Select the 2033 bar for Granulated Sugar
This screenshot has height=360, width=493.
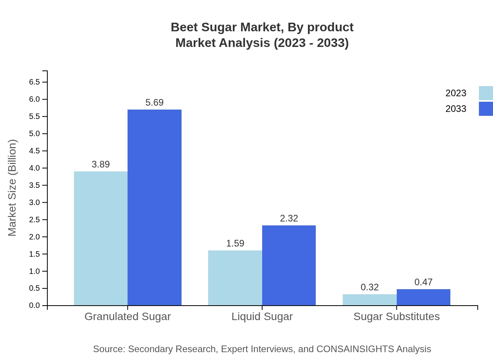tap(155, 207)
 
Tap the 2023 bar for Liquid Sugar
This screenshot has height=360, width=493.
tap(235, 278)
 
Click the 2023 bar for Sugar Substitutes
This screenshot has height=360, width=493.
tap(369, 300)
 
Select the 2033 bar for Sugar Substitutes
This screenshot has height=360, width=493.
tap(423, 297)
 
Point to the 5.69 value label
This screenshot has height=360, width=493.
tap(155, 103)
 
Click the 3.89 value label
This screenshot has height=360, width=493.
tap(101, 164)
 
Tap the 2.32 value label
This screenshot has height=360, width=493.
tap(289, 218)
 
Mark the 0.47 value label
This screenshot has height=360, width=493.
tap(423, 282)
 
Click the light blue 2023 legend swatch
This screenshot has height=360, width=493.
tap(486, 93)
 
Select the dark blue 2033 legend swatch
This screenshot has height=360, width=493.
tap(486, 109)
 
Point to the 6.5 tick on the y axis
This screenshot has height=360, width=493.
tap(34, 82)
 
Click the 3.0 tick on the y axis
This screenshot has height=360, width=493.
tap(34, 203)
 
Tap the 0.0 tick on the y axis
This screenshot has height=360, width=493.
tap(34, 306)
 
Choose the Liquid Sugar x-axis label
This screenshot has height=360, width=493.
tap(262, 316)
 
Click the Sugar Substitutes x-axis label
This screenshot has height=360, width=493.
tap(396, 316)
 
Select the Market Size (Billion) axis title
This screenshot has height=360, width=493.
tap(13, 188)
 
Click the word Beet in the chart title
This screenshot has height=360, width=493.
tap(183, 27)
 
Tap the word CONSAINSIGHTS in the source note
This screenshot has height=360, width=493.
tap(355, 349)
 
